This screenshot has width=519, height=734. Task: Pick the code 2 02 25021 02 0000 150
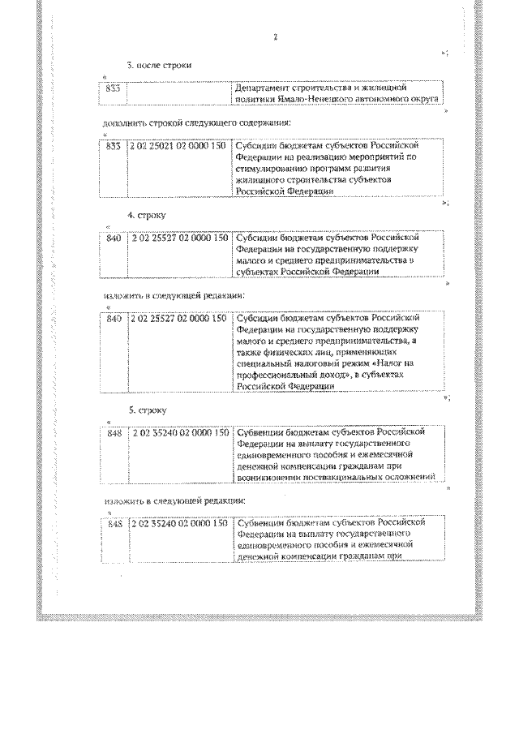tap(177, 146)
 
